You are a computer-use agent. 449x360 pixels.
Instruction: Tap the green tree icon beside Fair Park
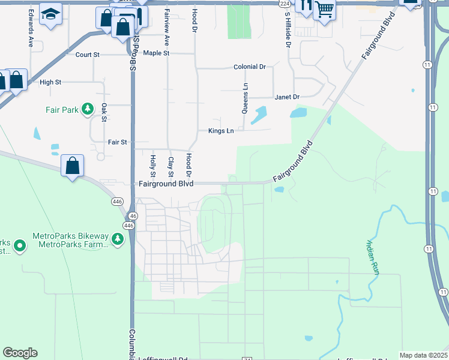point(88,109)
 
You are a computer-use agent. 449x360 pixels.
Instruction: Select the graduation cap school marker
point(50,13)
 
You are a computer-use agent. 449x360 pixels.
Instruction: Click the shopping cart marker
point(324,10)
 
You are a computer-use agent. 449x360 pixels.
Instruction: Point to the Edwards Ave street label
point(30,35)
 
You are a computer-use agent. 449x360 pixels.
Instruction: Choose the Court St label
point(87,55)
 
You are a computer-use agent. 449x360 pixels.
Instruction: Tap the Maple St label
point(157,53)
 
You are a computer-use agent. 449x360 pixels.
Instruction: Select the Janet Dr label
point(287,97)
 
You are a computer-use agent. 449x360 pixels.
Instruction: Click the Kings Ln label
point(221,131)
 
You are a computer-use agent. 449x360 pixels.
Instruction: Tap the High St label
point(50,82)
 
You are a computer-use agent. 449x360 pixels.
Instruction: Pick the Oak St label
point(104,112)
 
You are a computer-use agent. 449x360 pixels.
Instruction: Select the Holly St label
point(153,166)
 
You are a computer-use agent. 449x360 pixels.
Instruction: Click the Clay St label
point(171,167)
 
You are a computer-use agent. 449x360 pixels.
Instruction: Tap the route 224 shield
point(285,4)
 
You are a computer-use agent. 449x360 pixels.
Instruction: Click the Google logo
point(20,353)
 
